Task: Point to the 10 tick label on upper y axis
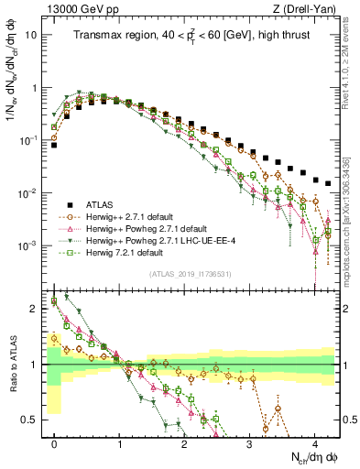tap(32, 35)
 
